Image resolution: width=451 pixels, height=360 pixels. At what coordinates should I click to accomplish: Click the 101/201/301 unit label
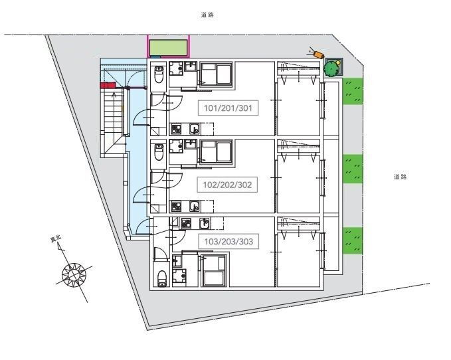pos(228,108)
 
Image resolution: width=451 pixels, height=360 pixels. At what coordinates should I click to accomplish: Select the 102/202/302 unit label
pos(227,185)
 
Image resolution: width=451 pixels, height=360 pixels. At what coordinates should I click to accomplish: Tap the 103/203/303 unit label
pos(228,242)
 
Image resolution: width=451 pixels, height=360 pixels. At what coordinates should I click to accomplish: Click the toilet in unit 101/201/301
pos(159,75)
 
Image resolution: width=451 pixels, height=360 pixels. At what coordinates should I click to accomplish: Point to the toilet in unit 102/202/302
pos(159,152)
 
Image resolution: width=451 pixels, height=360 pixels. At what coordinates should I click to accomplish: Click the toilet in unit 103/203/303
pos(162,278)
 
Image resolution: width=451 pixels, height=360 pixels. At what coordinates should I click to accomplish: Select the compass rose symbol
pos(74,274)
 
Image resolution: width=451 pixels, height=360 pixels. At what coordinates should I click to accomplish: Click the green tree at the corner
pos(331,68)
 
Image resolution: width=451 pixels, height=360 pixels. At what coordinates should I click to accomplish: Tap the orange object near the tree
pos(317,54)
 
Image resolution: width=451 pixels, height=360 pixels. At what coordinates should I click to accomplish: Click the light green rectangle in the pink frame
pos(168,47)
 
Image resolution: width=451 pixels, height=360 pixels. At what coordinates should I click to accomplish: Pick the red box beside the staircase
pos(108,85)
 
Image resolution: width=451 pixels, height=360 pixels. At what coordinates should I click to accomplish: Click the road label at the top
pos(207,15)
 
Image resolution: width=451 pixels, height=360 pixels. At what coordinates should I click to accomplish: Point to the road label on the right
pos(400,177)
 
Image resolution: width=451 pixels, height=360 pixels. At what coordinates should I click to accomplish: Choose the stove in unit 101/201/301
pos(176,129)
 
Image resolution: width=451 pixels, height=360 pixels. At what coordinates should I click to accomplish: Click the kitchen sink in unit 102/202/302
pos(195,206)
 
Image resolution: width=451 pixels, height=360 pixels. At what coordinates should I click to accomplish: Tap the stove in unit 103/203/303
pos(186,223)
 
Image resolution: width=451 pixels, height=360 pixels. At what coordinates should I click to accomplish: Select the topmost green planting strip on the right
pos(353,91)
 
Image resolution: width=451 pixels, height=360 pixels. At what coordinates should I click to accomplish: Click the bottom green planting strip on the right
pos(353,240)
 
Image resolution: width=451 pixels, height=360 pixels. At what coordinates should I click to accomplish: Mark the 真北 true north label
pos(56,238)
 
